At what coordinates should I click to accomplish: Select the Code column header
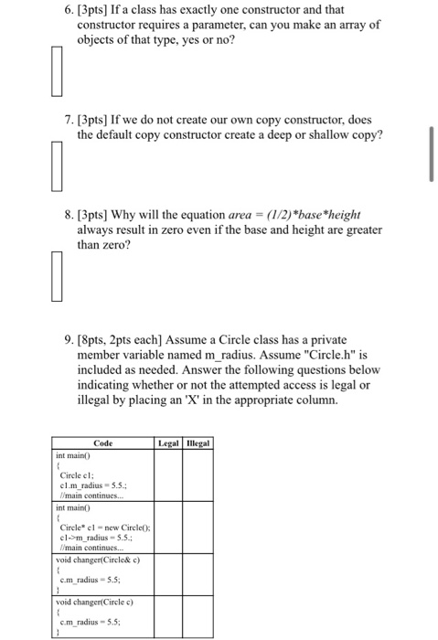103,443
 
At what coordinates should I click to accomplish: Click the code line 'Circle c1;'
76,475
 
